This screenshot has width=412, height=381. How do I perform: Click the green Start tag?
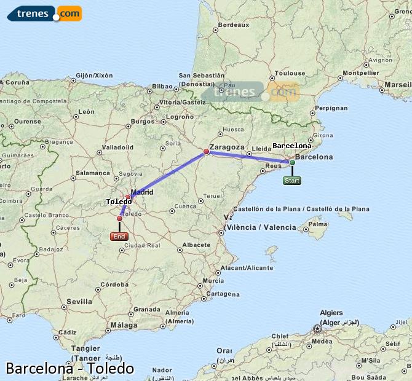click(292, 181)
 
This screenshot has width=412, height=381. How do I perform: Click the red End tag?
click(119, 237)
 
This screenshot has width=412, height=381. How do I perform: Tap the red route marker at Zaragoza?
click(207, 151)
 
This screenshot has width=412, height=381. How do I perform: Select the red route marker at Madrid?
click(128, 197)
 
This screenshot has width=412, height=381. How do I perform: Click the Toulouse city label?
click(289, 73)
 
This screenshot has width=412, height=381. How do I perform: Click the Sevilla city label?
click(79, 302)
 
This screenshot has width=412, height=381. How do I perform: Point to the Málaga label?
click(125, 324)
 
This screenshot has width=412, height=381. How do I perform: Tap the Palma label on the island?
click(317, 226)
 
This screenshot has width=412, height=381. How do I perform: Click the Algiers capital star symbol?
click(317, 329)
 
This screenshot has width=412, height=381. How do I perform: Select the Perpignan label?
click(331, 108)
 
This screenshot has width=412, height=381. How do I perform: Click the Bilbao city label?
click(162, 86)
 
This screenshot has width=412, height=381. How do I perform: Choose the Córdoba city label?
click(114, 285)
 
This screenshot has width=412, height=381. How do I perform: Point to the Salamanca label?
click(92, 173)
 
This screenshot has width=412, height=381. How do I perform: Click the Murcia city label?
click(213, 280)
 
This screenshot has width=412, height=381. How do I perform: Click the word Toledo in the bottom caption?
click(111, 369)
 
